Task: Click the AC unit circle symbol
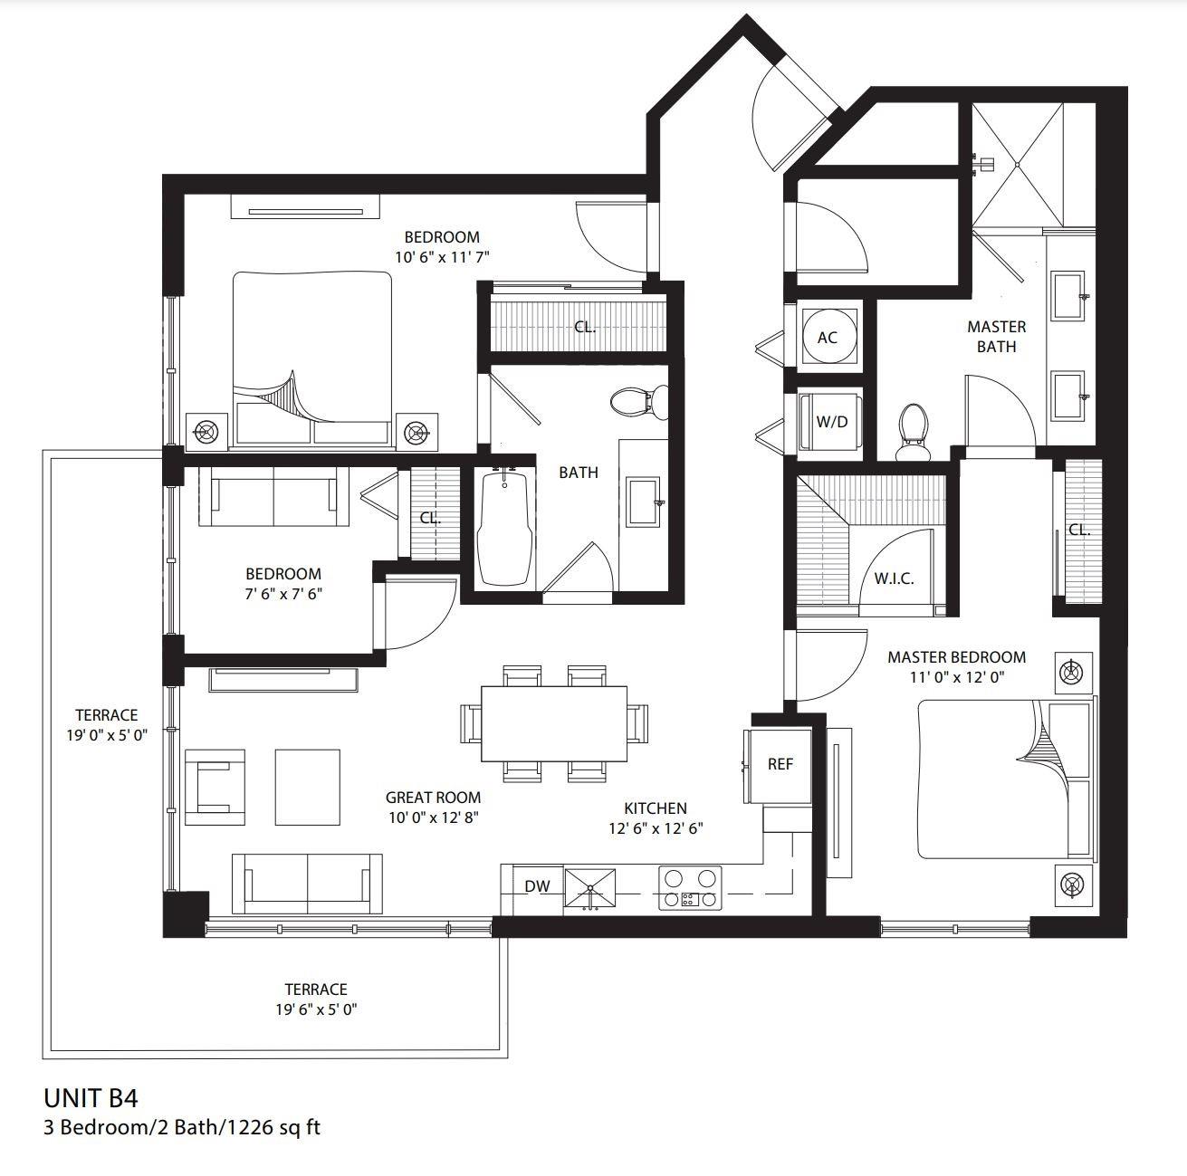[x=827, y=337]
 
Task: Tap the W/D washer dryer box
[x=830, y=422]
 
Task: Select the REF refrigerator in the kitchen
[x=779, y=764]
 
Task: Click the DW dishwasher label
[x=537, y=887]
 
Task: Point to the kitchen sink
[x=589, y=887]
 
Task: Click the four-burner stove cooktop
[x=689, y=888]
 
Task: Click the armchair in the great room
[x=215, y=787]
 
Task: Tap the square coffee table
[x=308, y=787]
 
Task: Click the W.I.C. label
[x=893, y=578]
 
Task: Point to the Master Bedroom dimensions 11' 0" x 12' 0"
[x=957, y=677]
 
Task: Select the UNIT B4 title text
[x=91, y=1098]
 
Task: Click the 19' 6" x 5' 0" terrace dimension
[x=316, y=1009]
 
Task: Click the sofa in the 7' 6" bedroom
[x=273, y=497]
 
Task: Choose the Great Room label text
[x=433, y=798]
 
